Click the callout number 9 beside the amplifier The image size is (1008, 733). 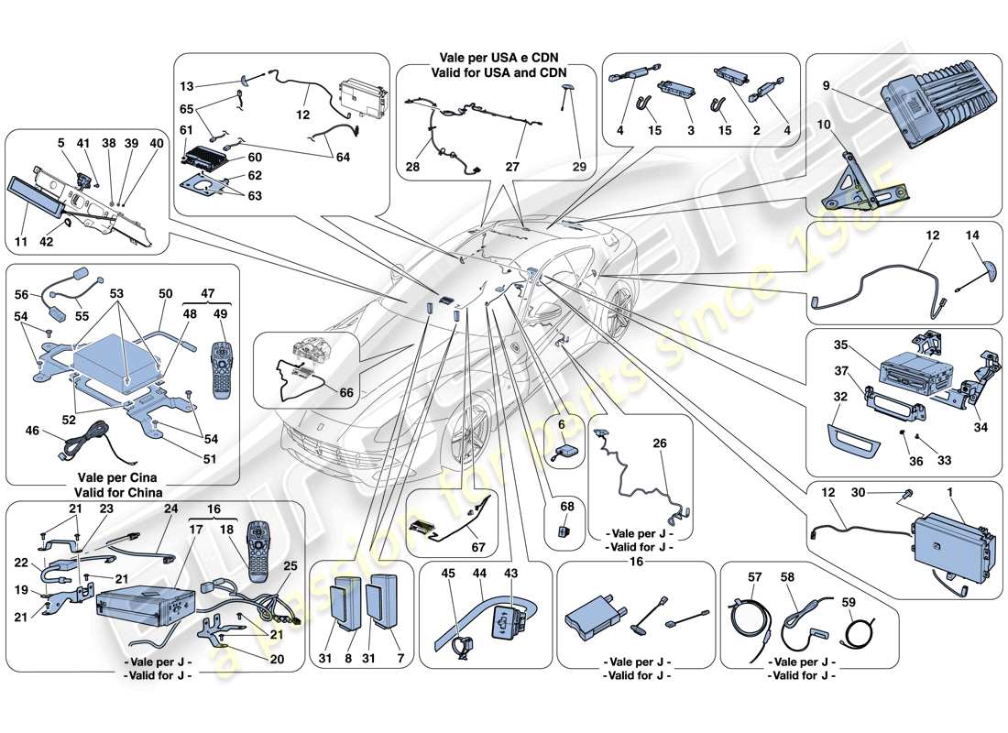point(827,87)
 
